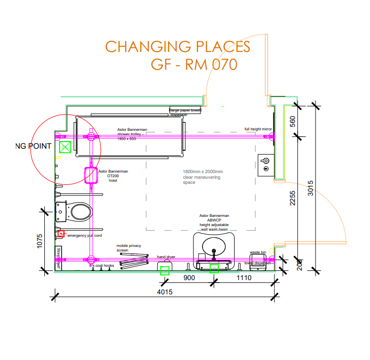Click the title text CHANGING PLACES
[x=178, y=47]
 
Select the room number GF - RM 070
[x=194, y=65]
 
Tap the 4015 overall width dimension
[x=164, y=292]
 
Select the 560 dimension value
[x=293, y=123]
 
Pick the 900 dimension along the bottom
[x=189, y=278]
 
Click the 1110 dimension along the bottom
[x=244, y=278]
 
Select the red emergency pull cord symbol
[x=61, y=234]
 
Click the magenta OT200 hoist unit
[x=90, y=175]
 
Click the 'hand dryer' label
[x=166, y=257]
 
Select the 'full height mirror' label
[x=259, y=129]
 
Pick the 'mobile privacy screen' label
[x=129, y=248]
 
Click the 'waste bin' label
[x=258, y=253]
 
